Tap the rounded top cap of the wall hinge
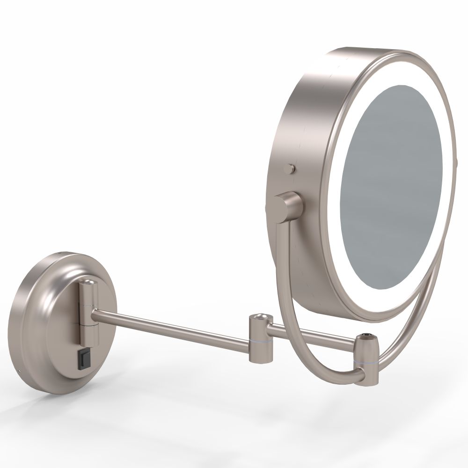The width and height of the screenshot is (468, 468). (x=88, y=283)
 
